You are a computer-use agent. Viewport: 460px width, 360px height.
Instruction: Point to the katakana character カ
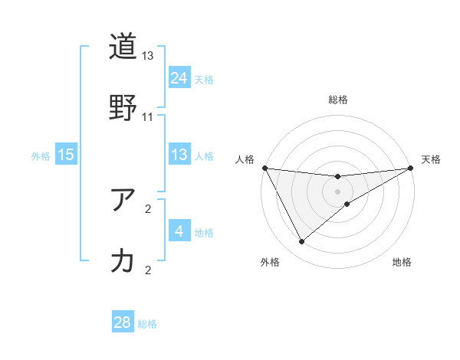[123, 261]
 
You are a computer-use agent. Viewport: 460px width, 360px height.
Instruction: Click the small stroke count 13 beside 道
[148, 56]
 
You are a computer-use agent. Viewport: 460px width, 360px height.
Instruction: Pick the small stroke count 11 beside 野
[148, 117]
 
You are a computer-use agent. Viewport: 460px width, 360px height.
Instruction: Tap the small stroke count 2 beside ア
[148, 208]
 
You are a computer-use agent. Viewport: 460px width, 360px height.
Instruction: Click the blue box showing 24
[179, 77]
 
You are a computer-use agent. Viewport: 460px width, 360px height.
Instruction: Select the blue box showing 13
[179, 155]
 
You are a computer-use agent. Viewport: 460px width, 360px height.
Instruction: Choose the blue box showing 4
[179, 231]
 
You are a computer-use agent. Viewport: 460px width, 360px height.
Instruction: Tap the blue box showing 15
[66, 155]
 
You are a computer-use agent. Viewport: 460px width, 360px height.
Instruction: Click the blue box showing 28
[123, 322]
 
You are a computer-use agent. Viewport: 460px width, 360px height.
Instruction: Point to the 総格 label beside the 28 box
[147, 324]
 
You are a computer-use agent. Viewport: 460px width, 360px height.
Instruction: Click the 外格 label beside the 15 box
[41, 156]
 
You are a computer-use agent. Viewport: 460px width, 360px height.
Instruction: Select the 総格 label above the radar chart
[338, 100]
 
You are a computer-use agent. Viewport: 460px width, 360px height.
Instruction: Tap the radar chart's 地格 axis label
[402, 263]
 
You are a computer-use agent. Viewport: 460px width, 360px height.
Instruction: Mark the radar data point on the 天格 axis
[411, 169]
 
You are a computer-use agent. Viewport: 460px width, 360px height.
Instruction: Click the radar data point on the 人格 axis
[264, 168]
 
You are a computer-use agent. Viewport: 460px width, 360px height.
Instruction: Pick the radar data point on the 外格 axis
[301, 242]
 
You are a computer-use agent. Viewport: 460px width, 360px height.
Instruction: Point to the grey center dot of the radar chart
[338, 191]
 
